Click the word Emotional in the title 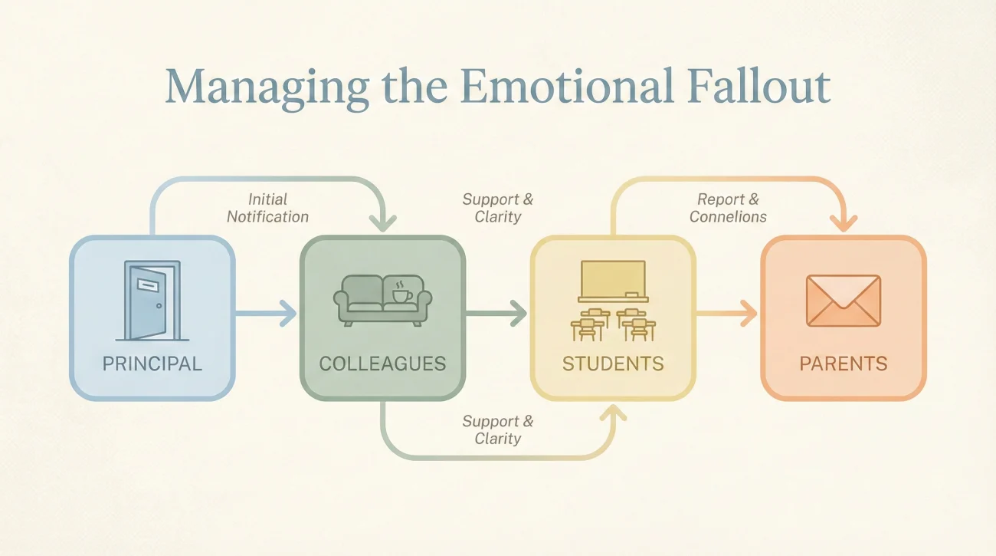tap(567, 87)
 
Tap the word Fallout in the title tap(758, 87)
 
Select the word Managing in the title tap(267, 90)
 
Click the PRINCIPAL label tap(152, 364)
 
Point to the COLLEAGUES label tap(382, 364)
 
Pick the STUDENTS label tap(613, 364)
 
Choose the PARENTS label tap(844, 364)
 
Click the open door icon tap(152, 301)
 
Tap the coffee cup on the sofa tap(401, 293)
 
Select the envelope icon tap(844, 301)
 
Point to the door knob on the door tap(159, 306)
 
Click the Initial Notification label tap(267, 208)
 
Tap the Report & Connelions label tap(728, 208)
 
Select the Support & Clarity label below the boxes tap(497, 429)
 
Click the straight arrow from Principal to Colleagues tap(265, 314)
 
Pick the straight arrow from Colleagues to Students tap(496, 314)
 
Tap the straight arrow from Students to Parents tap(726, 314)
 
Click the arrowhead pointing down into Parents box tap(844, 223)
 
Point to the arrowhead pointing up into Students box tap(613, 413)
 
